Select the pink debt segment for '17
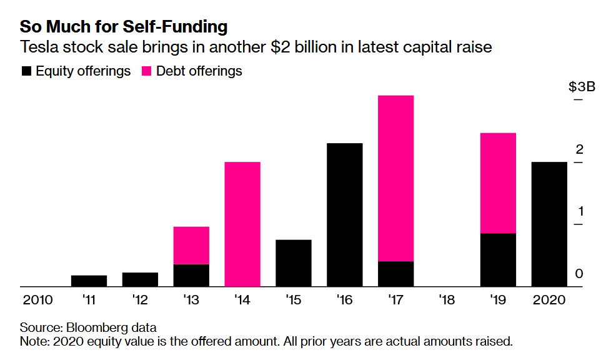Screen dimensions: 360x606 click(395, 178)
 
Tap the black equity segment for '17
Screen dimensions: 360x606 click(395, 274)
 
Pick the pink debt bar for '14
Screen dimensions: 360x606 click(242, 224)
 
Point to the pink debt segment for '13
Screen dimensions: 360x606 click(191, 245)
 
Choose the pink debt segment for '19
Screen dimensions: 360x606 click(498, 182)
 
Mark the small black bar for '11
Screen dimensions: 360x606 click(89, 281)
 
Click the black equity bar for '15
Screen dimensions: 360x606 click(293, 262)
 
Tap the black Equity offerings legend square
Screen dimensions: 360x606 click(26, 71)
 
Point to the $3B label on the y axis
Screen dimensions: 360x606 click(582, 87)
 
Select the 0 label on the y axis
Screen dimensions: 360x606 click(579, 273)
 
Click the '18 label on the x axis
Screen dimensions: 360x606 click(447, 300)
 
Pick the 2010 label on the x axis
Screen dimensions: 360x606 click(37, 300)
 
